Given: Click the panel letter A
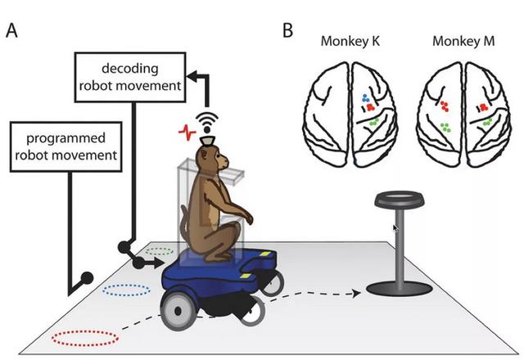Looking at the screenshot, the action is pyautogui.click(x=11, y=30).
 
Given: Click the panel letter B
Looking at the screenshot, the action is pyautogui.click(x=287, y=30).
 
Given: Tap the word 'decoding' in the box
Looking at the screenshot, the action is pyautogui.click(x=130, y=68).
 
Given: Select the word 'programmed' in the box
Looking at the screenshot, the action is pyautogui.click(x=65, y=138).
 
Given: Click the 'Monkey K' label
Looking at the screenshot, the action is pyautogui.click(x=350, y=41).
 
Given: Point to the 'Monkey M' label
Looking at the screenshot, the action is pyautogui.click(x=463, y=41).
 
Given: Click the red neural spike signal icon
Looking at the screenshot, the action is pyautogui.click(x=187, y=133).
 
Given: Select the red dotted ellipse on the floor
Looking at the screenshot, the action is pyautogui.click(x=85, y=338).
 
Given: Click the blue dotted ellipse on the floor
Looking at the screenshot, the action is pyautogui.click(x=126, y=290).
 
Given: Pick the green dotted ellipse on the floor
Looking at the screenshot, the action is pyautogui.click(x=160, y=251).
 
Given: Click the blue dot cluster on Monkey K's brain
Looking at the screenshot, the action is pyautogui.click(x=366, y=98).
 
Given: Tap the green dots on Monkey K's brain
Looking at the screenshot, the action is pyautogui.click(x=374, y=122).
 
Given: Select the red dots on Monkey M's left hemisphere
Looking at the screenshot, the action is pyautogui.click(x=444, y=106).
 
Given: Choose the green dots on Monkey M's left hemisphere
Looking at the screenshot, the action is pyautogui.click(x=445, y=128).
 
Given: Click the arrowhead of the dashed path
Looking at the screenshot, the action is pyautogui.click(x=357, y=293).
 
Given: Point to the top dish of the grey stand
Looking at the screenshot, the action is pyautogui.click(x=400, y=199).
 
